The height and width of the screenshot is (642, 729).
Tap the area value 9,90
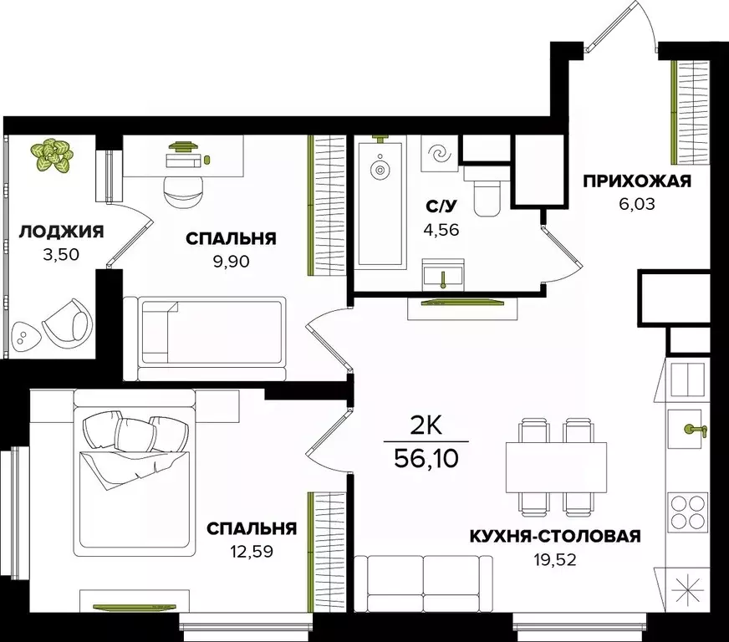pyautogui.click(x=231, y=259)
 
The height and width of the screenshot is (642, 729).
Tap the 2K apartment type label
pyautogui.click(x=426, y=426)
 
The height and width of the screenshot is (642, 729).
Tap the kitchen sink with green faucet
pyautogui.click(x=692, y=429)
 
